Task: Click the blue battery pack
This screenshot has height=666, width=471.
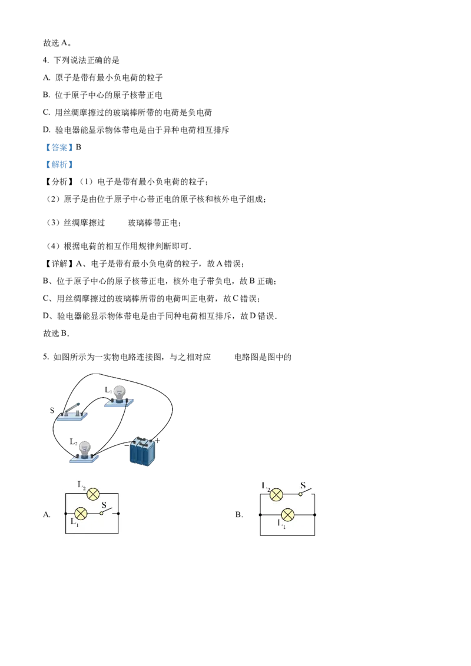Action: point(142,452)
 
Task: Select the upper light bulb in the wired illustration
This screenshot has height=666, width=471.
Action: point(119,394)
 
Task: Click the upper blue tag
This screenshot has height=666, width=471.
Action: point(59,148)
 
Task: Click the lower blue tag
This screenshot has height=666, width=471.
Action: point(59,165)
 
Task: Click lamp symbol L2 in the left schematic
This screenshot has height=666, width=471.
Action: point(92,494)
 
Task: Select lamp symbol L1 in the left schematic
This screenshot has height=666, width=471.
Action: point(82,514)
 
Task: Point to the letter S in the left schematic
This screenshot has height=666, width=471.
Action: point(104,504)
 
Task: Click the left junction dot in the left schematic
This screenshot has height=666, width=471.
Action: point(65,514)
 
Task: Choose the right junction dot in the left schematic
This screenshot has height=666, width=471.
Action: point(119,514)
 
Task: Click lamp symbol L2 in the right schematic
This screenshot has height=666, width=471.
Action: point(276,494)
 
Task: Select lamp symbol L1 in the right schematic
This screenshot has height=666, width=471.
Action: point(287,515)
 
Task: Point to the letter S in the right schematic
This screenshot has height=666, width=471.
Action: point(303,486)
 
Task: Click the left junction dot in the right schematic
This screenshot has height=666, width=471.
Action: point(260,515)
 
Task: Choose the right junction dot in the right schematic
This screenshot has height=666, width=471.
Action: point(315,515)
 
